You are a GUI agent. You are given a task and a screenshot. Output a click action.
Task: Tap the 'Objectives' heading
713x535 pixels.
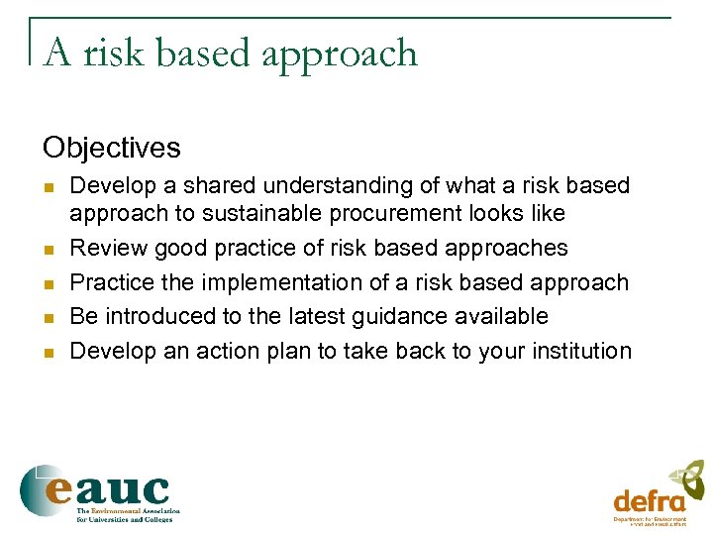tap(112, 149)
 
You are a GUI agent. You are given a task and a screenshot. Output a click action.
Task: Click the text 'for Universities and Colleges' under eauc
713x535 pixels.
tap(126, 519)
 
